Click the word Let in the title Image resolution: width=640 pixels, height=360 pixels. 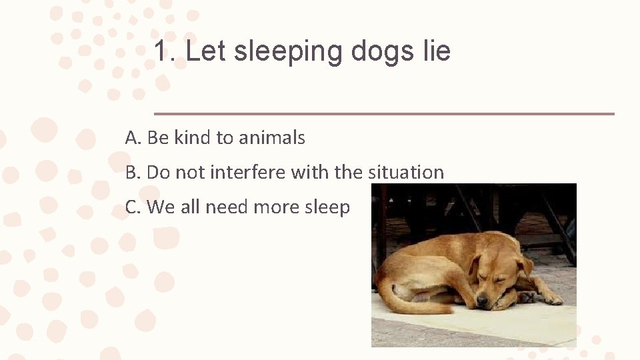(x=206, y=51)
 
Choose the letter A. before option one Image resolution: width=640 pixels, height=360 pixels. (x=133, y=138)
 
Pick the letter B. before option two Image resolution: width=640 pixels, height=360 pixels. (x=133, y=172)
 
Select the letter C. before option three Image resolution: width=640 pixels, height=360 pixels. (x=133, y=207)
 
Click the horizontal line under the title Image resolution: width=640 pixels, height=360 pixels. (x=384, y=114)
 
